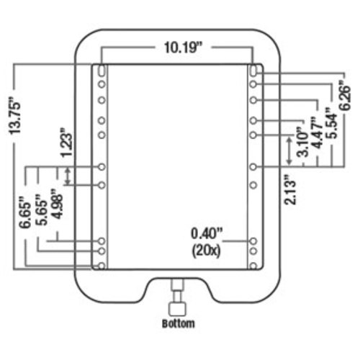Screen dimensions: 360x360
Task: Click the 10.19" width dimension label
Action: tap(183, 48)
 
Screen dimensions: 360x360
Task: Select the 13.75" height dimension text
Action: tap(15, 116)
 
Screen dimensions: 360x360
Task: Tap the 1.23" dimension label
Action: tap(66, 143)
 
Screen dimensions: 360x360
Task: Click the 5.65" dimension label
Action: tap(41, 210)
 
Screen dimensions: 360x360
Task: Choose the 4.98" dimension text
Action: tap(57, 204)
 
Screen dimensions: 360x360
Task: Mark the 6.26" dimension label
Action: tap(346, 95)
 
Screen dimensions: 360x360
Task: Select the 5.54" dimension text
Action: tap(332, 123)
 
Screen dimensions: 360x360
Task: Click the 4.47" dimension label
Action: tap(318, 132)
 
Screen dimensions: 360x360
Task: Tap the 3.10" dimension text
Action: tap(302, 142)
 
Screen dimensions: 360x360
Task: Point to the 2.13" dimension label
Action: tap(289, 190)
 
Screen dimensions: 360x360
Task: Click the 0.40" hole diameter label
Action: tap(207, 233)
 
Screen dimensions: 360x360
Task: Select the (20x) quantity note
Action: tap(206, 251)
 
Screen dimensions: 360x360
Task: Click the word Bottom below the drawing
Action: tap(179, 323)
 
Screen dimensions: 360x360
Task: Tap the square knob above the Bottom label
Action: tap(178, 310)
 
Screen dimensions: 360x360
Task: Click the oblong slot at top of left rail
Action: tap(102, 70)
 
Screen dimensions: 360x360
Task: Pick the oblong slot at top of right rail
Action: tap(253, 70)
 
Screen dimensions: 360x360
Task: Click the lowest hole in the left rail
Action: tap(102, 266)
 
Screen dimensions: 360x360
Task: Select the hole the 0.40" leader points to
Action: tap(253, 241)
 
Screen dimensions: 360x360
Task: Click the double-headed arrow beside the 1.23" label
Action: tap(68, 176)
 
